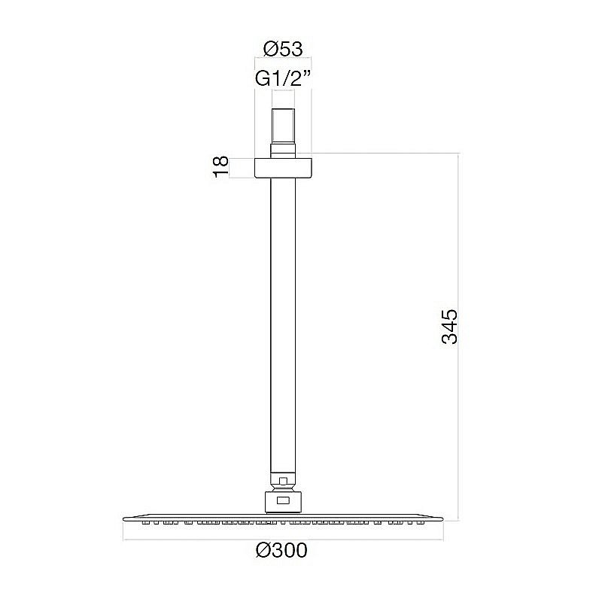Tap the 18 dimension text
[220, 167]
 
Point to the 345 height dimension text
[449, 326]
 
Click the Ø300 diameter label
[282, 552]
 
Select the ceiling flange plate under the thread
[283, 167]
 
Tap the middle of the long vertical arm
[283, 324]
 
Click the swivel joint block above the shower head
[283, 500]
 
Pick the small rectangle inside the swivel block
[283, 500]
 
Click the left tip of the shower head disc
[123, 517]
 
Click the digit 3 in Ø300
[274, 552]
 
